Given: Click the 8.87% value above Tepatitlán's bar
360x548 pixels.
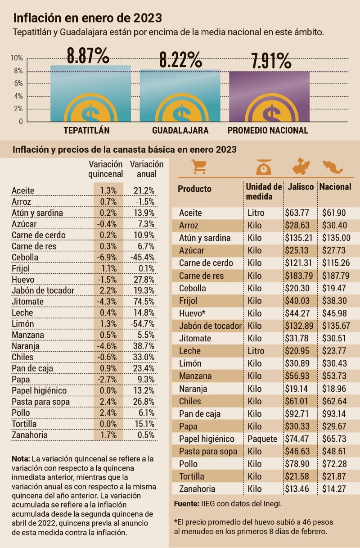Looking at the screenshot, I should click(x=88, y=55).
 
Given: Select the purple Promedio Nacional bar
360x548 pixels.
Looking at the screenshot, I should click(x=270, y=96).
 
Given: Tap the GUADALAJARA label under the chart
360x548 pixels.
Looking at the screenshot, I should click(x=180, y=131).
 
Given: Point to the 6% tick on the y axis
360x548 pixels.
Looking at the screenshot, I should click(x=18, y=83).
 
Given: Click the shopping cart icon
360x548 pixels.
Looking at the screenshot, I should click(x=198, y=166).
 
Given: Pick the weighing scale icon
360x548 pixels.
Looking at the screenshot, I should click(x=263, y=167).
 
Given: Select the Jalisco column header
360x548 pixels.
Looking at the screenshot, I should click(x=301, y=187).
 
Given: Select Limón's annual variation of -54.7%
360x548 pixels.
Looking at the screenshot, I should click(x=143, y=324).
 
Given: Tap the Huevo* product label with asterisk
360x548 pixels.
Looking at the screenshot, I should click(x=192, y=313).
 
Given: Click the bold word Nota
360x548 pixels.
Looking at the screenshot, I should click(x=21, y=459).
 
